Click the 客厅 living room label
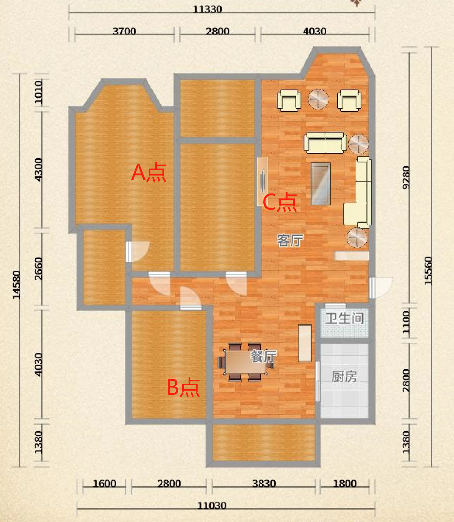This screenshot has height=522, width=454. [290, 240]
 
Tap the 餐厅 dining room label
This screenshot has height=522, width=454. [264, 356]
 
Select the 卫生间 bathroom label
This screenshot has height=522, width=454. [345, 318]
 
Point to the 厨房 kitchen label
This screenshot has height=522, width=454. [344, 376]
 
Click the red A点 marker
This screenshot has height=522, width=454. [149, 172]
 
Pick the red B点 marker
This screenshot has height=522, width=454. [183, 387]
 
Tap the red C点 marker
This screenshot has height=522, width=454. [280, 202]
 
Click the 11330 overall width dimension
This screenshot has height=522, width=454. [207, 9]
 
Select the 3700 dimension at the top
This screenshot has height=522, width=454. [124, 31]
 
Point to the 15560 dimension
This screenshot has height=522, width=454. [428, 271]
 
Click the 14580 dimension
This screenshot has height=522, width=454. [16, 284]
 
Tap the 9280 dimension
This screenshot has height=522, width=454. [406, 177]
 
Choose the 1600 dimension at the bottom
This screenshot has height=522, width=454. [104, 484]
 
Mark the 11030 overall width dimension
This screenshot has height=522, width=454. [212, 506]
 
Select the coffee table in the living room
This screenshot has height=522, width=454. [321, 183]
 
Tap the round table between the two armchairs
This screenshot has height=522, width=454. [318, 99]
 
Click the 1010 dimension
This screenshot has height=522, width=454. [38, 92]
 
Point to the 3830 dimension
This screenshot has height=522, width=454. [264, 484]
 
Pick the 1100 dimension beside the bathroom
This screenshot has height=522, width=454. [406, 323]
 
